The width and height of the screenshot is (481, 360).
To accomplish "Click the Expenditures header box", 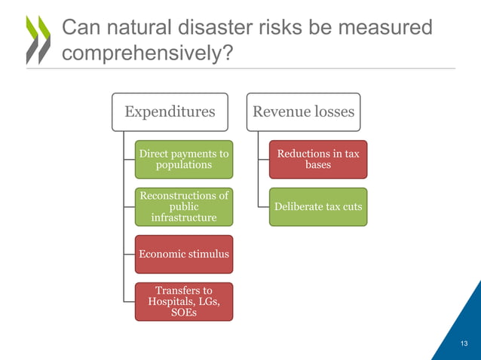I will (170, 112).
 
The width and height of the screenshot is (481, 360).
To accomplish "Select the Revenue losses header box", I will (303, 112).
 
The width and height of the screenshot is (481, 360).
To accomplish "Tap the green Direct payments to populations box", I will (184, 159).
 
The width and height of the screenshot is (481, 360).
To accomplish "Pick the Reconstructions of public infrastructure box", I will (184, 206).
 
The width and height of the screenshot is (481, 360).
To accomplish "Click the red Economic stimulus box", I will (184, 254).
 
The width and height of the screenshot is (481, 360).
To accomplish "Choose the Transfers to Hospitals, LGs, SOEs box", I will (184, 301).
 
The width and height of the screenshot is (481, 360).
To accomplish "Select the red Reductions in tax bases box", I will (318, 159).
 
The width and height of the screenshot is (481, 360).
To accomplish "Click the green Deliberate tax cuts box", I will (318, 206).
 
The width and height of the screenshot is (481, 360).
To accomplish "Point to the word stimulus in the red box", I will (207, 254).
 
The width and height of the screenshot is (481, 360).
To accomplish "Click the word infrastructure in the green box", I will (184, 218).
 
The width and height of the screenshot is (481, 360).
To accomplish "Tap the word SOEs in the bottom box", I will (184, 313).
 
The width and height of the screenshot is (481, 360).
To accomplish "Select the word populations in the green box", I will (184, 164).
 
